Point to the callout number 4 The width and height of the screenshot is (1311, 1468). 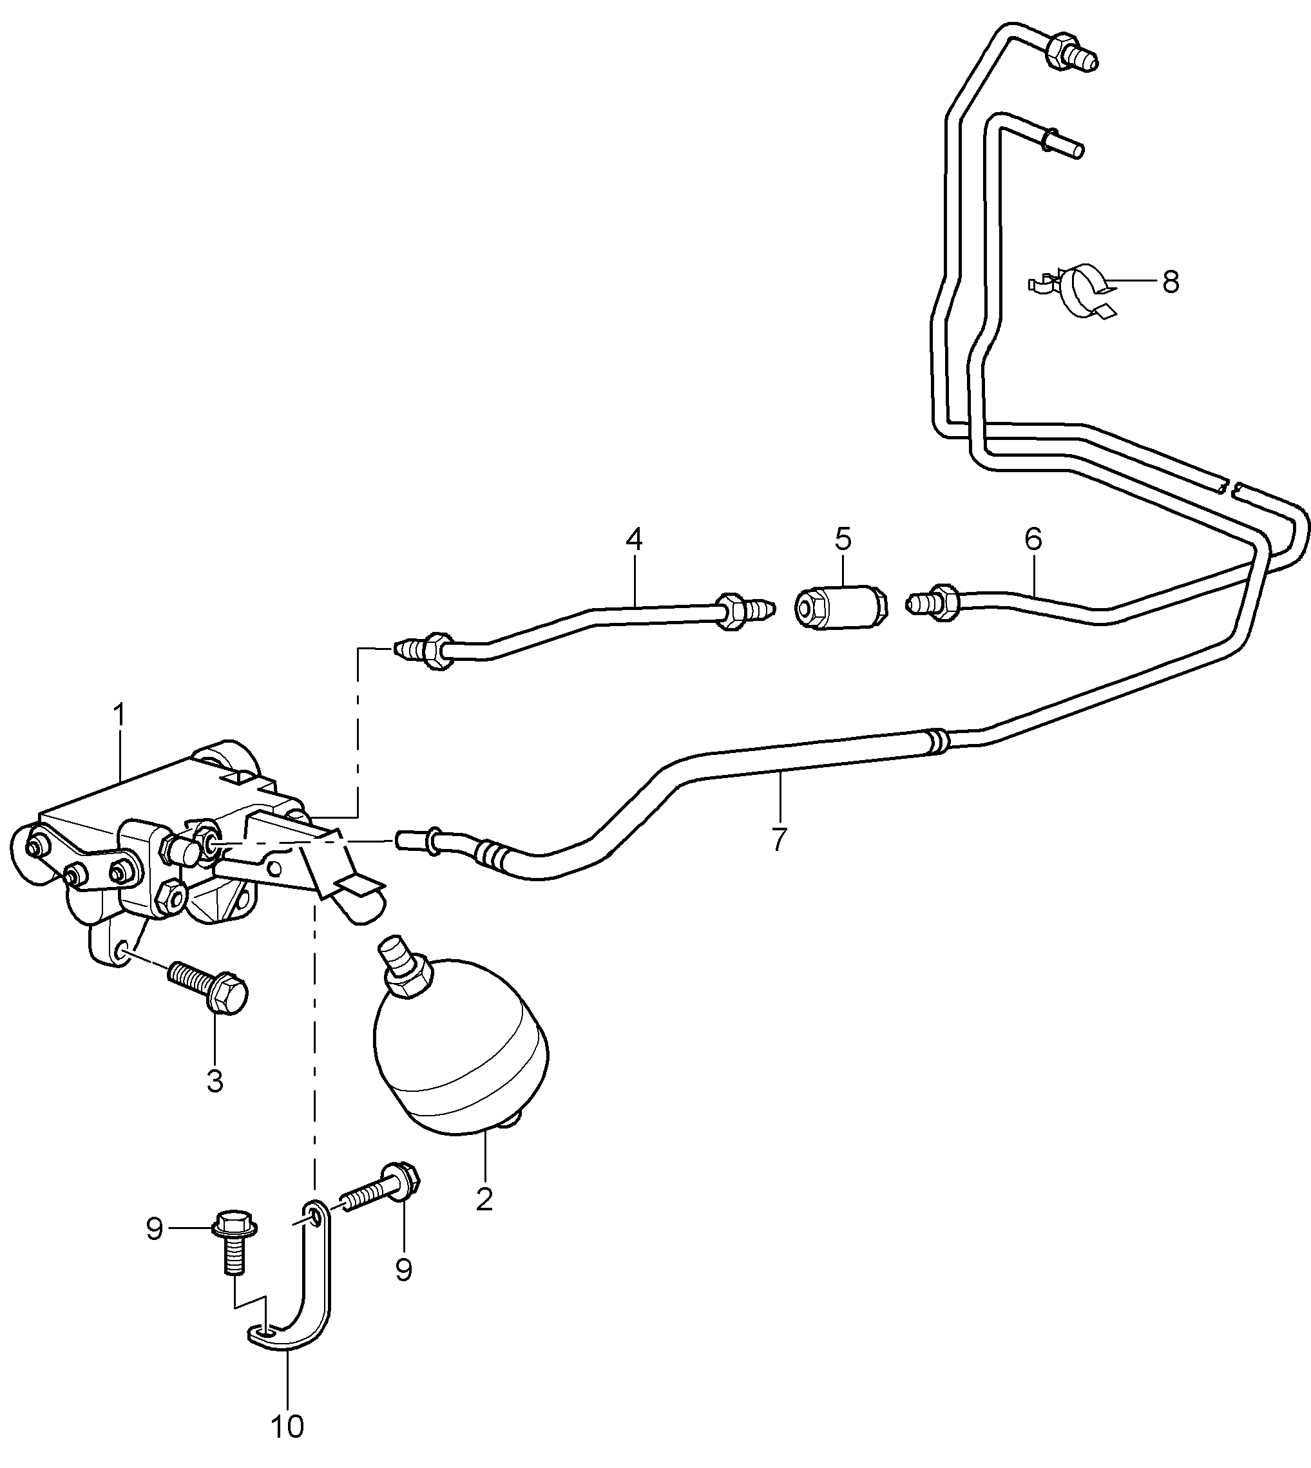(634, 539)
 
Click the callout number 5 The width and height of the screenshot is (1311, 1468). (843, 538)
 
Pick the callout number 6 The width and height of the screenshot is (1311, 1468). (1033, 538)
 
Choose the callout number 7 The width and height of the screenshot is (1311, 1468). (779, 839)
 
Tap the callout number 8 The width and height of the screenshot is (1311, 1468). (1171, 282)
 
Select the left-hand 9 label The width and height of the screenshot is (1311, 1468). (154, 1230)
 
